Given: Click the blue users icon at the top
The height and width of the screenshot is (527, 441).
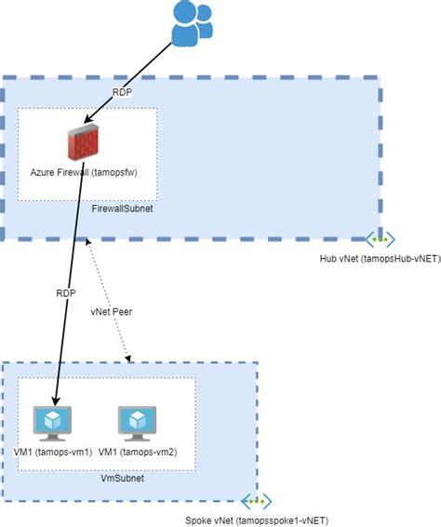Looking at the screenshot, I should [196, 24].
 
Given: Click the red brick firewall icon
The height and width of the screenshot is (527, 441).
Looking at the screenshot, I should [83, 144].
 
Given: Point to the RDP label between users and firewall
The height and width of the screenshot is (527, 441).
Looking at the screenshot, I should [122, 93].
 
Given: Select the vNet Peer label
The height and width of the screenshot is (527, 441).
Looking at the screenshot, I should [112, 312].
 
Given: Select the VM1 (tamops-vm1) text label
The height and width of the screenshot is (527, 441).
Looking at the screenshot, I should [53, 452].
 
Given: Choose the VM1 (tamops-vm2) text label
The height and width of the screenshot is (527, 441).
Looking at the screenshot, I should [140, 452].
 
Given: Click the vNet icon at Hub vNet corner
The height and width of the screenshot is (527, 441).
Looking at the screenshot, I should [377, 238].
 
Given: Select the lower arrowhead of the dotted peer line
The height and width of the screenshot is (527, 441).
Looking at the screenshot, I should [130, 358].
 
